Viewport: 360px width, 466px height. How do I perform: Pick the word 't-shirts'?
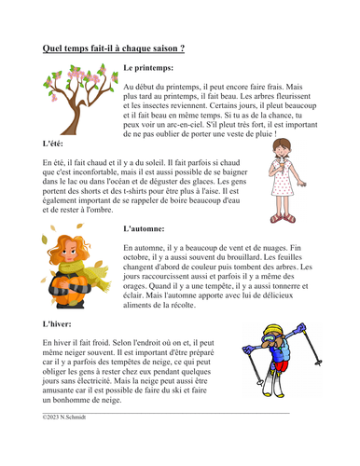pos(144,193)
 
